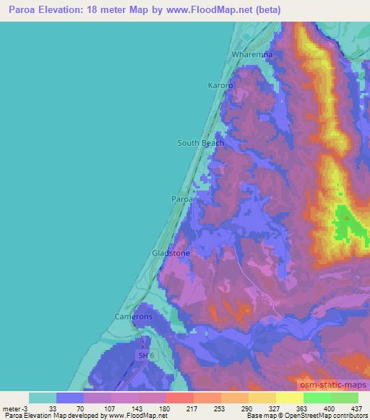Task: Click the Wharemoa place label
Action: [x=251, y=55]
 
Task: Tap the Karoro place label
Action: [x=221, y=85]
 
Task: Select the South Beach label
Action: [x=200, y=143]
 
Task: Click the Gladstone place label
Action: [x=171, y=253]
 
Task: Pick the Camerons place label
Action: [x=133, y=317]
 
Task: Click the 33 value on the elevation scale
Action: [x=52, y=408]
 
